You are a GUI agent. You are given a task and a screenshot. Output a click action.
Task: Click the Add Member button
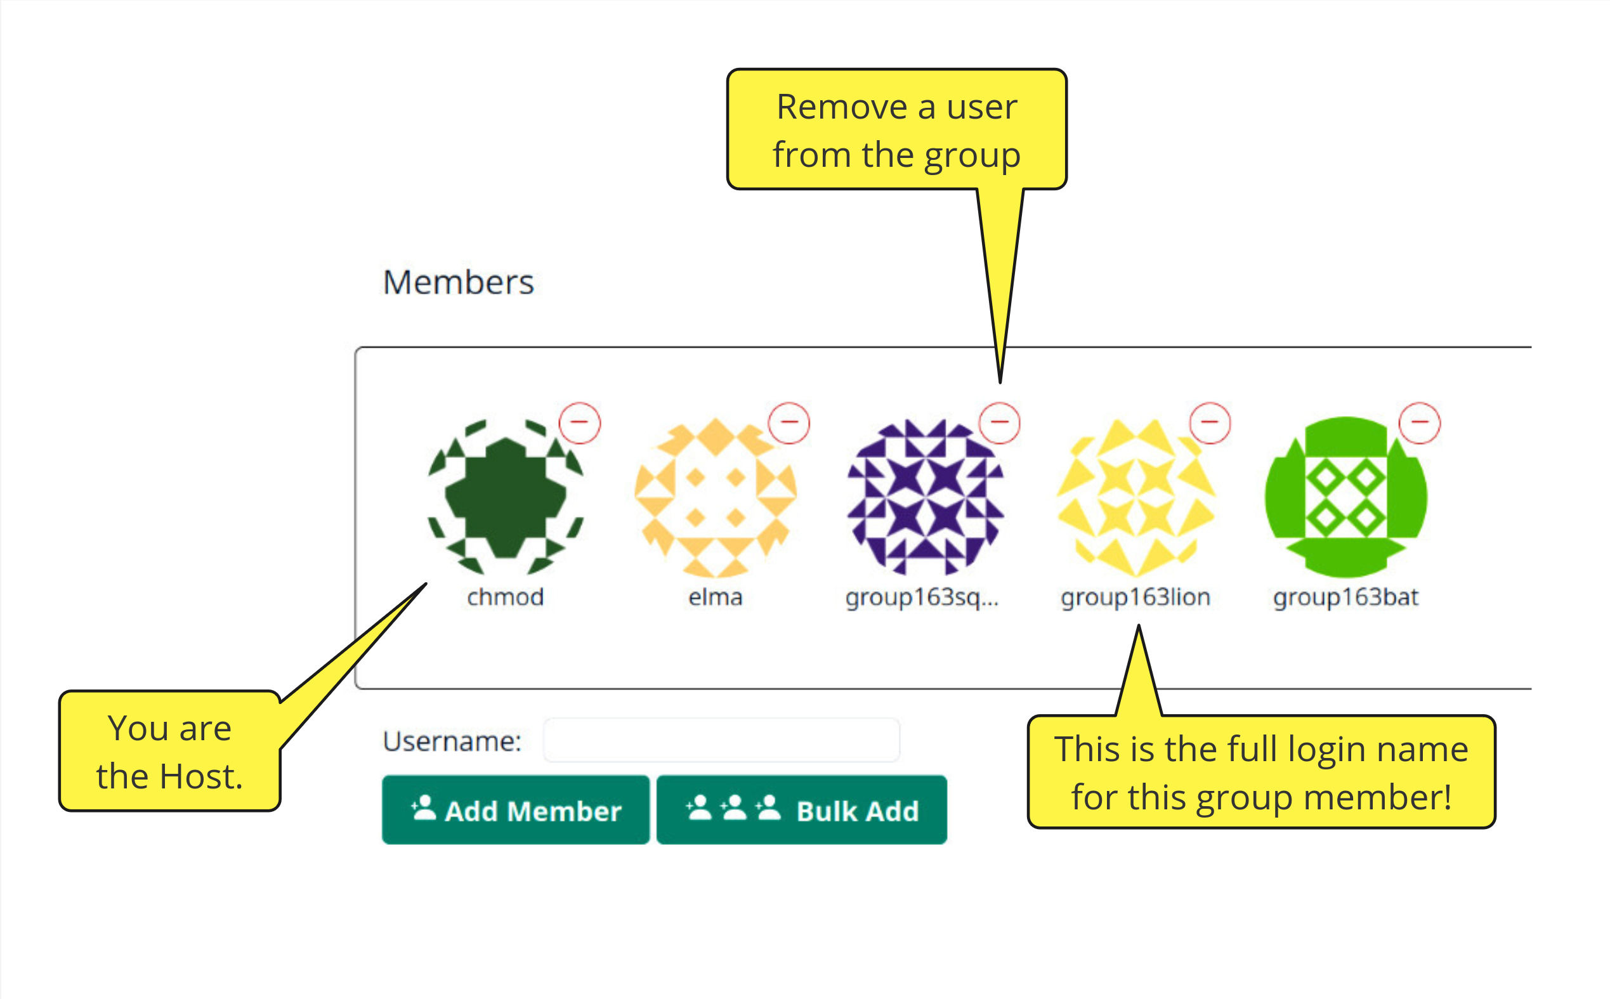coord(515,809)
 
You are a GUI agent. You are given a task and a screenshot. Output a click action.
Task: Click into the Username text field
coord(721,740)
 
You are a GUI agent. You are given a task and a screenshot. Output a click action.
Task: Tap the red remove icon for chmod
coord(579,422)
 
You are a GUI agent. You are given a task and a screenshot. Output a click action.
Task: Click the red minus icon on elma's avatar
coord(789,422)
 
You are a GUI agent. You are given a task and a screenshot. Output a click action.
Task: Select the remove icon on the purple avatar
coord(1000,422)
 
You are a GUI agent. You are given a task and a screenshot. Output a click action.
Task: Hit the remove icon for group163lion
coord(1210,422)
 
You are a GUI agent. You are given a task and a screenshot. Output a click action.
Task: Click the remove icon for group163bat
coord(1420,422)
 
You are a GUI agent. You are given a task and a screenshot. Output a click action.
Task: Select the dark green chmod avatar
coord(506,497)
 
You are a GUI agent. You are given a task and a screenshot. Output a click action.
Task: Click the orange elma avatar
coord(716,497)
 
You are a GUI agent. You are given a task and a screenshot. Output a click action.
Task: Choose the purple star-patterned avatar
coord(926,497)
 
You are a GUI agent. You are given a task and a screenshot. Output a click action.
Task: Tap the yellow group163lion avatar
coord(1136,497)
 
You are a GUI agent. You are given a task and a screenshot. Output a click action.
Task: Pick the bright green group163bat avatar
coord(1345,497)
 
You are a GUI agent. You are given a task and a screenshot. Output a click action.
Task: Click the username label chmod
coord(506,597)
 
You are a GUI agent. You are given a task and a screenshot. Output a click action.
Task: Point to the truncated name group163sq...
coord(922,597)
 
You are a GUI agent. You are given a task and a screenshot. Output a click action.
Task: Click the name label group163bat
coord(1345,597)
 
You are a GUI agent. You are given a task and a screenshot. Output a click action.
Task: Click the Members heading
coord(458,282)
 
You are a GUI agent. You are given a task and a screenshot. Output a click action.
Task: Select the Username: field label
coord(452,741)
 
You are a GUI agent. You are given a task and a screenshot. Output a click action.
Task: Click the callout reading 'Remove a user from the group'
coord(896,129)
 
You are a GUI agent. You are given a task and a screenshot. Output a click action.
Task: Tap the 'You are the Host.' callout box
coord(170,751)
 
